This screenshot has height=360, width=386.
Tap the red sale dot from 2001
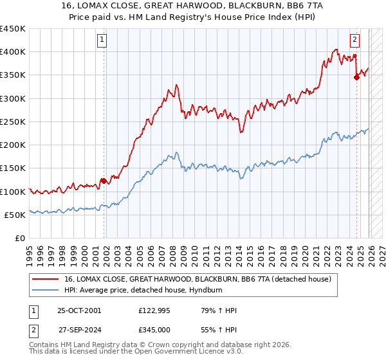click(x=103, y=181)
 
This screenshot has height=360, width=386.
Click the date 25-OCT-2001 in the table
click(x=79, y=310)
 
